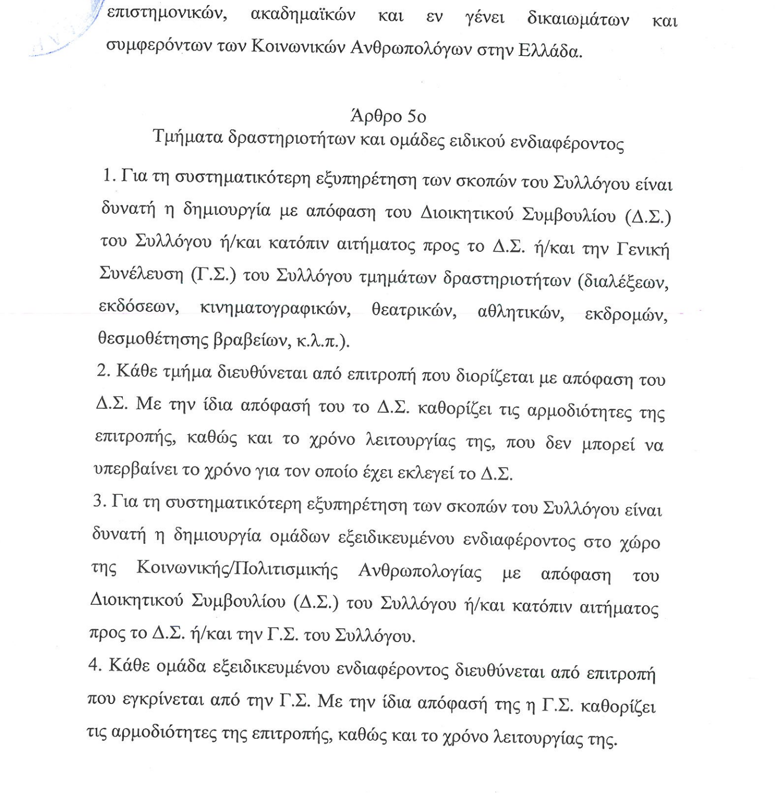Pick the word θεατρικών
coord(414,312)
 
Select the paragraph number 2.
coord(102,371)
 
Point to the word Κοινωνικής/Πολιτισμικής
coord(237,570)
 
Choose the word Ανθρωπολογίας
coord(420,572)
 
